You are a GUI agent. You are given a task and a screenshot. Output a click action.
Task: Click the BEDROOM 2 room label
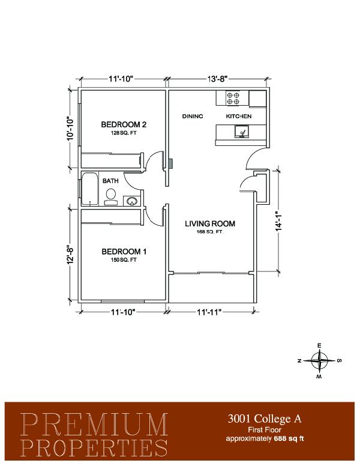point(124,124)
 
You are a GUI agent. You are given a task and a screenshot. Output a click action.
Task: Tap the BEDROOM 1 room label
point(124,252)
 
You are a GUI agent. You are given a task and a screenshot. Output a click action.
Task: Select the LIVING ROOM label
point(210,223)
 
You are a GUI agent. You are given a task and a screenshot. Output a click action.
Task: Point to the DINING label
point(193,116)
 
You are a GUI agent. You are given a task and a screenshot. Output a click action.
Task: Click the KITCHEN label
point(239,116)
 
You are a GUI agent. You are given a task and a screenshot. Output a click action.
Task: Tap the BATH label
point(110,181)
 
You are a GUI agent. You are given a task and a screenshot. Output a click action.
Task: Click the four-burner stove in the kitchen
point(233,98)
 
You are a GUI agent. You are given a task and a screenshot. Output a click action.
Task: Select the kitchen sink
point(242,132)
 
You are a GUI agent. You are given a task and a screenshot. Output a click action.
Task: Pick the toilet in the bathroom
point(111,196)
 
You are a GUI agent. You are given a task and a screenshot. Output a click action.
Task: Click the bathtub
point(89,189)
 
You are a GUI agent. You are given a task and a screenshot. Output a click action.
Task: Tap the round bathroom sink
point(131,201)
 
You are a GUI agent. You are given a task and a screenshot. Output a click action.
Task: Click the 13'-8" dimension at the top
point(217,79)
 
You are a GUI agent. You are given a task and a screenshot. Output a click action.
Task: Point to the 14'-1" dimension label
point(278,222)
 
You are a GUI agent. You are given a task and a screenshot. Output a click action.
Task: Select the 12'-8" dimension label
point(69,255)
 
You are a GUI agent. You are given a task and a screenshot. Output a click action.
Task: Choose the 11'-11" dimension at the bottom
point(209,312)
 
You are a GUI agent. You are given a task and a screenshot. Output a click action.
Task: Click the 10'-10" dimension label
point(70,128)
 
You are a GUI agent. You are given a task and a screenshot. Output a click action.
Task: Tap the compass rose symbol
point(319,361)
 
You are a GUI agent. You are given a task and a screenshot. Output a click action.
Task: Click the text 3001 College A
point(265,419)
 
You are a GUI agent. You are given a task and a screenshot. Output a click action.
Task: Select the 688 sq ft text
point(289,438)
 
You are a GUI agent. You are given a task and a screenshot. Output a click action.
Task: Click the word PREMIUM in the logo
point(94,425)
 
